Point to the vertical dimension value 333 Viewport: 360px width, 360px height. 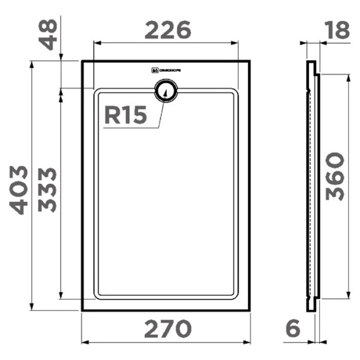click(48, 190)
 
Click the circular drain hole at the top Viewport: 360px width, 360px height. click(166, 92)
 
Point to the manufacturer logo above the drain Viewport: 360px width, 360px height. click(167, 70)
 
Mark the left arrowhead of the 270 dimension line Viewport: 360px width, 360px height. click(84, 342)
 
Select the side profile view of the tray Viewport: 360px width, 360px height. click(311, 186)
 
